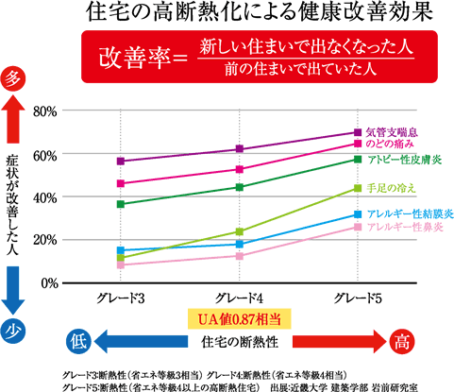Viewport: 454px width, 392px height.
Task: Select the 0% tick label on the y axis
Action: pyautogui.click(x=49, y=282)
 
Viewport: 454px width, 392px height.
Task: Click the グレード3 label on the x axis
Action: pyautogui.click(x=121, y=298)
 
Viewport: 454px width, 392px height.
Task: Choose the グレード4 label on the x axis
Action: pyautogui.click(x=240, y=298)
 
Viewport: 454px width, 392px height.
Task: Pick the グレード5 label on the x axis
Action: pyautogui.click(x=358, y=298)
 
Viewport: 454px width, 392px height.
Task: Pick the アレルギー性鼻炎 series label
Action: pyautogui.click(x=401, y=228)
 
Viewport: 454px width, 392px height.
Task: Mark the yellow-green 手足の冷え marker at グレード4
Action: pyautogui.click(x=240, y=231)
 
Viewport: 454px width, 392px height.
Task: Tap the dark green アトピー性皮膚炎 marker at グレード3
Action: pyautogui.click(x=121, y=204)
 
